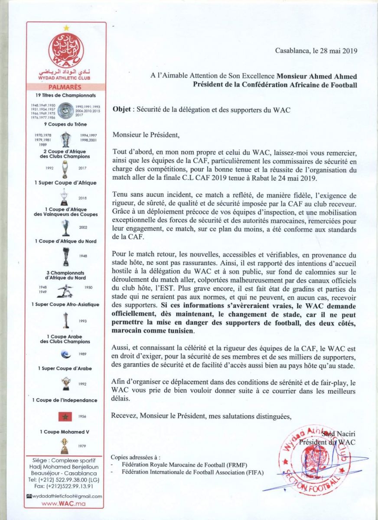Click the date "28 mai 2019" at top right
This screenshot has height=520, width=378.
pyautogui.click(x=334, y=50)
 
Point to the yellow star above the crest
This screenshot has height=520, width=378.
pyautogui.click(x=66, y=28)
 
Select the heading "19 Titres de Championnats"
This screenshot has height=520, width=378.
pyautogui.click(x=65, y=95)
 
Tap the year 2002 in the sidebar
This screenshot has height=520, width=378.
pyautogui.click(x=83, y=227)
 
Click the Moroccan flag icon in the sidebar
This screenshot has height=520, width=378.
pyautogui.click(x=65, y=416)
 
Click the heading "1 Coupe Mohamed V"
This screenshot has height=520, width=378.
pyautogui.click(x=65, y=432)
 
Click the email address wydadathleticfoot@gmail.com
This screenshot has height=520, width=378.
pyautogui.click(x=68, y=496)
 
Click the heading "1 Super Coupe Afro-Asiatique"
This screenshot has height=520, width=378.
pyautogui.click(x=65, y=305)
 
